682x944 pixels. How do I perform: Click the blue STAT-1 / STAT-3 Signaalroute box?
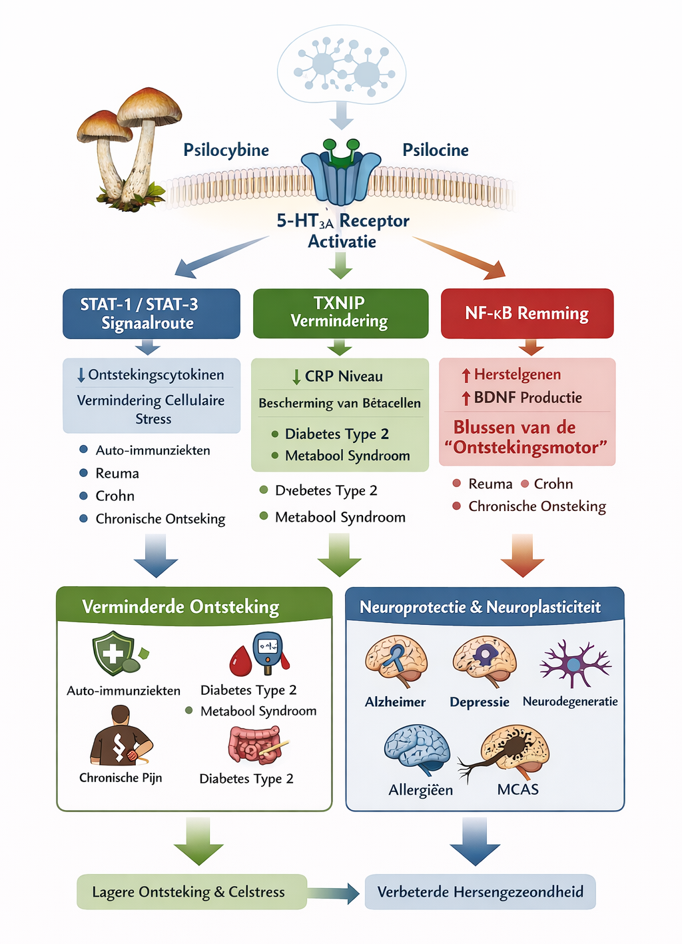click(151, 313)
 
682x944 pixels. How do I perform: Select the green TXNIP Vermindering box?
click(340, 312)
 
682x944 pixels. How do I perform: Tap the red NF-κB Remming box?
click(527, 313)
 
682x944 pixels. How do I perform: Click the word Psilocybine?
click(226, 150)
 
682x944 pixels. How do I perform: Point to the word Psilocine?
click(436, 150)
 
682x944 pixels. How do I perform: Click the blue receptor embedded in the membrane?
click(341, 177)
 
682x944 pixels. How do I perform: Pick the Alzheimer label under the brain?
click(395, 702)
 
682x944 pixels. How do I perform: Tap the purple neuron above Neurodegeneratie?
click(574, 664)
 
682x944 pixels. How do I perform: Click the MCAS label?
click(517, 789)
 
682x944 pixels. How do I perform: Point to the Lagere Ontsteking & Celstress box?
click(191, 892)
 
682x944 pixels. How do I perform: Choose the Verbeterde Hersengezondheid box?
click(480, 892)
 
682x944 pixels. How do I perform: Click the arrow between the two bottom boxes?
click(335, 893)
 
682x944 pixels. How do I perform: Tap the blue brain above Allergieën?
click(416, 749)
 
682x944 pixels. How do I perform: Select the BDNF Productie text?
click(527, 398)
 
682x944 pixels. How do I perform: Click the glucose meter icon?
click(269, 650)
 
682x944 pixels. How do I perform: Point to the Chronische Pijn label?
click(121, 777)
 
